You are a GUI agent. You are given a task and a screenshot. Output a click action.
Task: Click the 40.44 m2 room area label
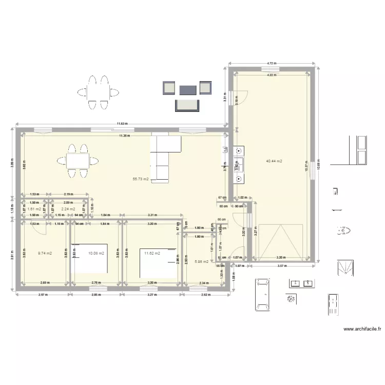pyautogui.click(x=275, y=161)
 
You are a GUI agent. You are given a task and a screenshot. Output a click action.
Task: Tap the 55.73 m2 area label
pyautogui.click(x=141, y=179)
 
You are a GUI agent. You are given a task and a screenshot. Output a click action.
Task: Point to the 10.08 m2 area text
pyautogui.click(x=96, y=253)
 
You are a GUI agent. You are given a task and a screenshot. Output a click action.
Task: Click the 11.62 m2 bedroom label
pyautogui.click(x=152, y=253)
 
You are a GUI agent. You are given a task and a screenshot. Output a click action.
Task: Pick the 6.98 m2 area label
pyautogui.click(x=202, y=262)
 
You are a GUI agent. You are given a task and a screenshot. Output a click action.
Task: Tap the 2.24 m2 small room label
pyautogui.click(x=68, y=209)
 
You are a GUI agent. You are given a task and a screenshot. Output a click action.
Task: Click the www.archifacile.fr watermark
pyautogui.click(x=361, y=329)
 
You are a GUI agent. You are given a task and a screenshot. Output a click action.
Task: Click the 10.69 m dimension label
pyautogui.click(x=319, y=164)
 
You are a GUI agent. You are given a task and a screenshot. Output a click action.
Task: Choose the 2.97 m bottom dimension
pyautogui.click(x=44, y=295)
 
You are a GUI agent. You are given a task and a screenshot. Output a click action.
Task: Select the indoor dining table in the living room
pyautogui.click(x=78, y=160)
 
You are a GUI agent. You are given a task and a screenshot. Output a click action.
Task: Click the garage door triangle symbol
pyautogui.click(x=280, y=241)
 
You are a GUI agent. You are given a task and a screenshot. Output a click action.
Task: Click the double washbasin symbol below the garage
pyautogui.click(x=301, y=283)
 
